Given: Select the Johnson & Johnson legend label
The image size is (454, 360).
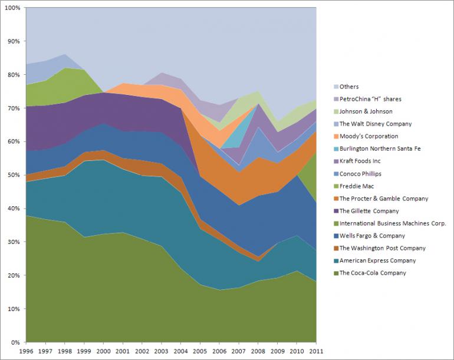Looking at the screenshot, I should click(366, 111).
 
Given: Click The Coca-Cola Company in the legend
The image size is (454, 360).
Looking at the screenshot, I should click(373, 273).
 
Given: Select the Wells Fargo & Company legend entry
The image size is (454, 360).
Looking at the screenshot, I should click(373, 236).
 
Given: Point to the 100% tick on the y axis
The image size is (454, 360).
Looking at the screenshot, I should click(12, 8).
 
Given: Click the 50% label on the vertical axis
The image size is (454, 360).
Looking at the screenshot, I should click(14, 176).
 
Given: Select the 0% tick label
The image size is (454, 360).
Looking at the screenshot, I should click(16, 342).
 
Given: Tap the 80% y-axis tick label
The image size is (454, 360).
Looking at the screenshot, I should click(14, 75).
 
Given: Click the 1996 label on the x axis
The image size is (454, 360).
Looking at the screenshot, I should click(26, 352).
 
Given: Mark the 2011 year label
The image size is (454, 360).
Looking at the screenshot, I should click(317, 352).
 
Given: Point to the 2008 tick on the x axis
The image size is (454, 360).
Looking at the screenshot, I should click(258, 352).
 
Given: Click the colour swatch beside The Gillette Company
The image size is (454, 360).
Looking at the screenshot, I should click(336, 211).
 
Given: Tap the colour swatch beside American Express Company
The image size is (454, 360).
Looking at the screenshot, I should click(336, 261).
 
